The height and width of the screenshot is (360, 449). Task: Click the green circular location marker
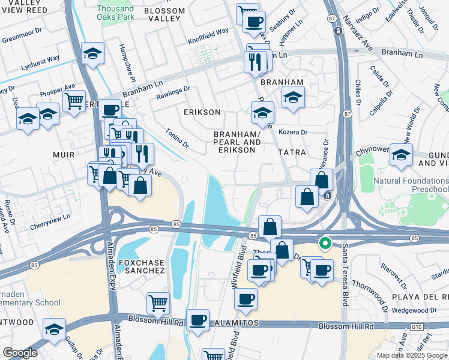(x=325, y=243)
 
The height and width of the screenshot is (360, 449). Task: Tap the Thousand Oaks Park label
(x=115, y=13)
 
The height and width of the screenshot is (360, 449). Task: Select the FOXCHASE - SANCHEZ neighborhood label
(x=141, y=266)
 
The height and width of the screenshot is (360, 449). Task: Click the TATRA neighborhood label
(x=292, y=153)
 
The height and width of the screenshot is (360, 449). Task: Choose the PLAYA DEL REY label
(x=424, y=298)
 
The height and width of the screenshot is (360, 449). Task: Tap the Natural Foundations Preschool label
(x=411, y=185)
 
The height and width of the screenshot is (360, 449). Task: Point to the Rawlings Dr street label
(x=173, y=92)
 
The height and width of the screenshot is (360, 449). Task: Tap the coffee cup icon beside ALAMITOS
(x=197, y=319)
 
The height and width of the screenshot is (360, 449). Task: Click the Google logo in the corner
(x=20, y=353)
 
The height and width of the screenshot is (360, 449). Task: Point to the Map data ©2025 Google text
(x=412, y=355)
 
